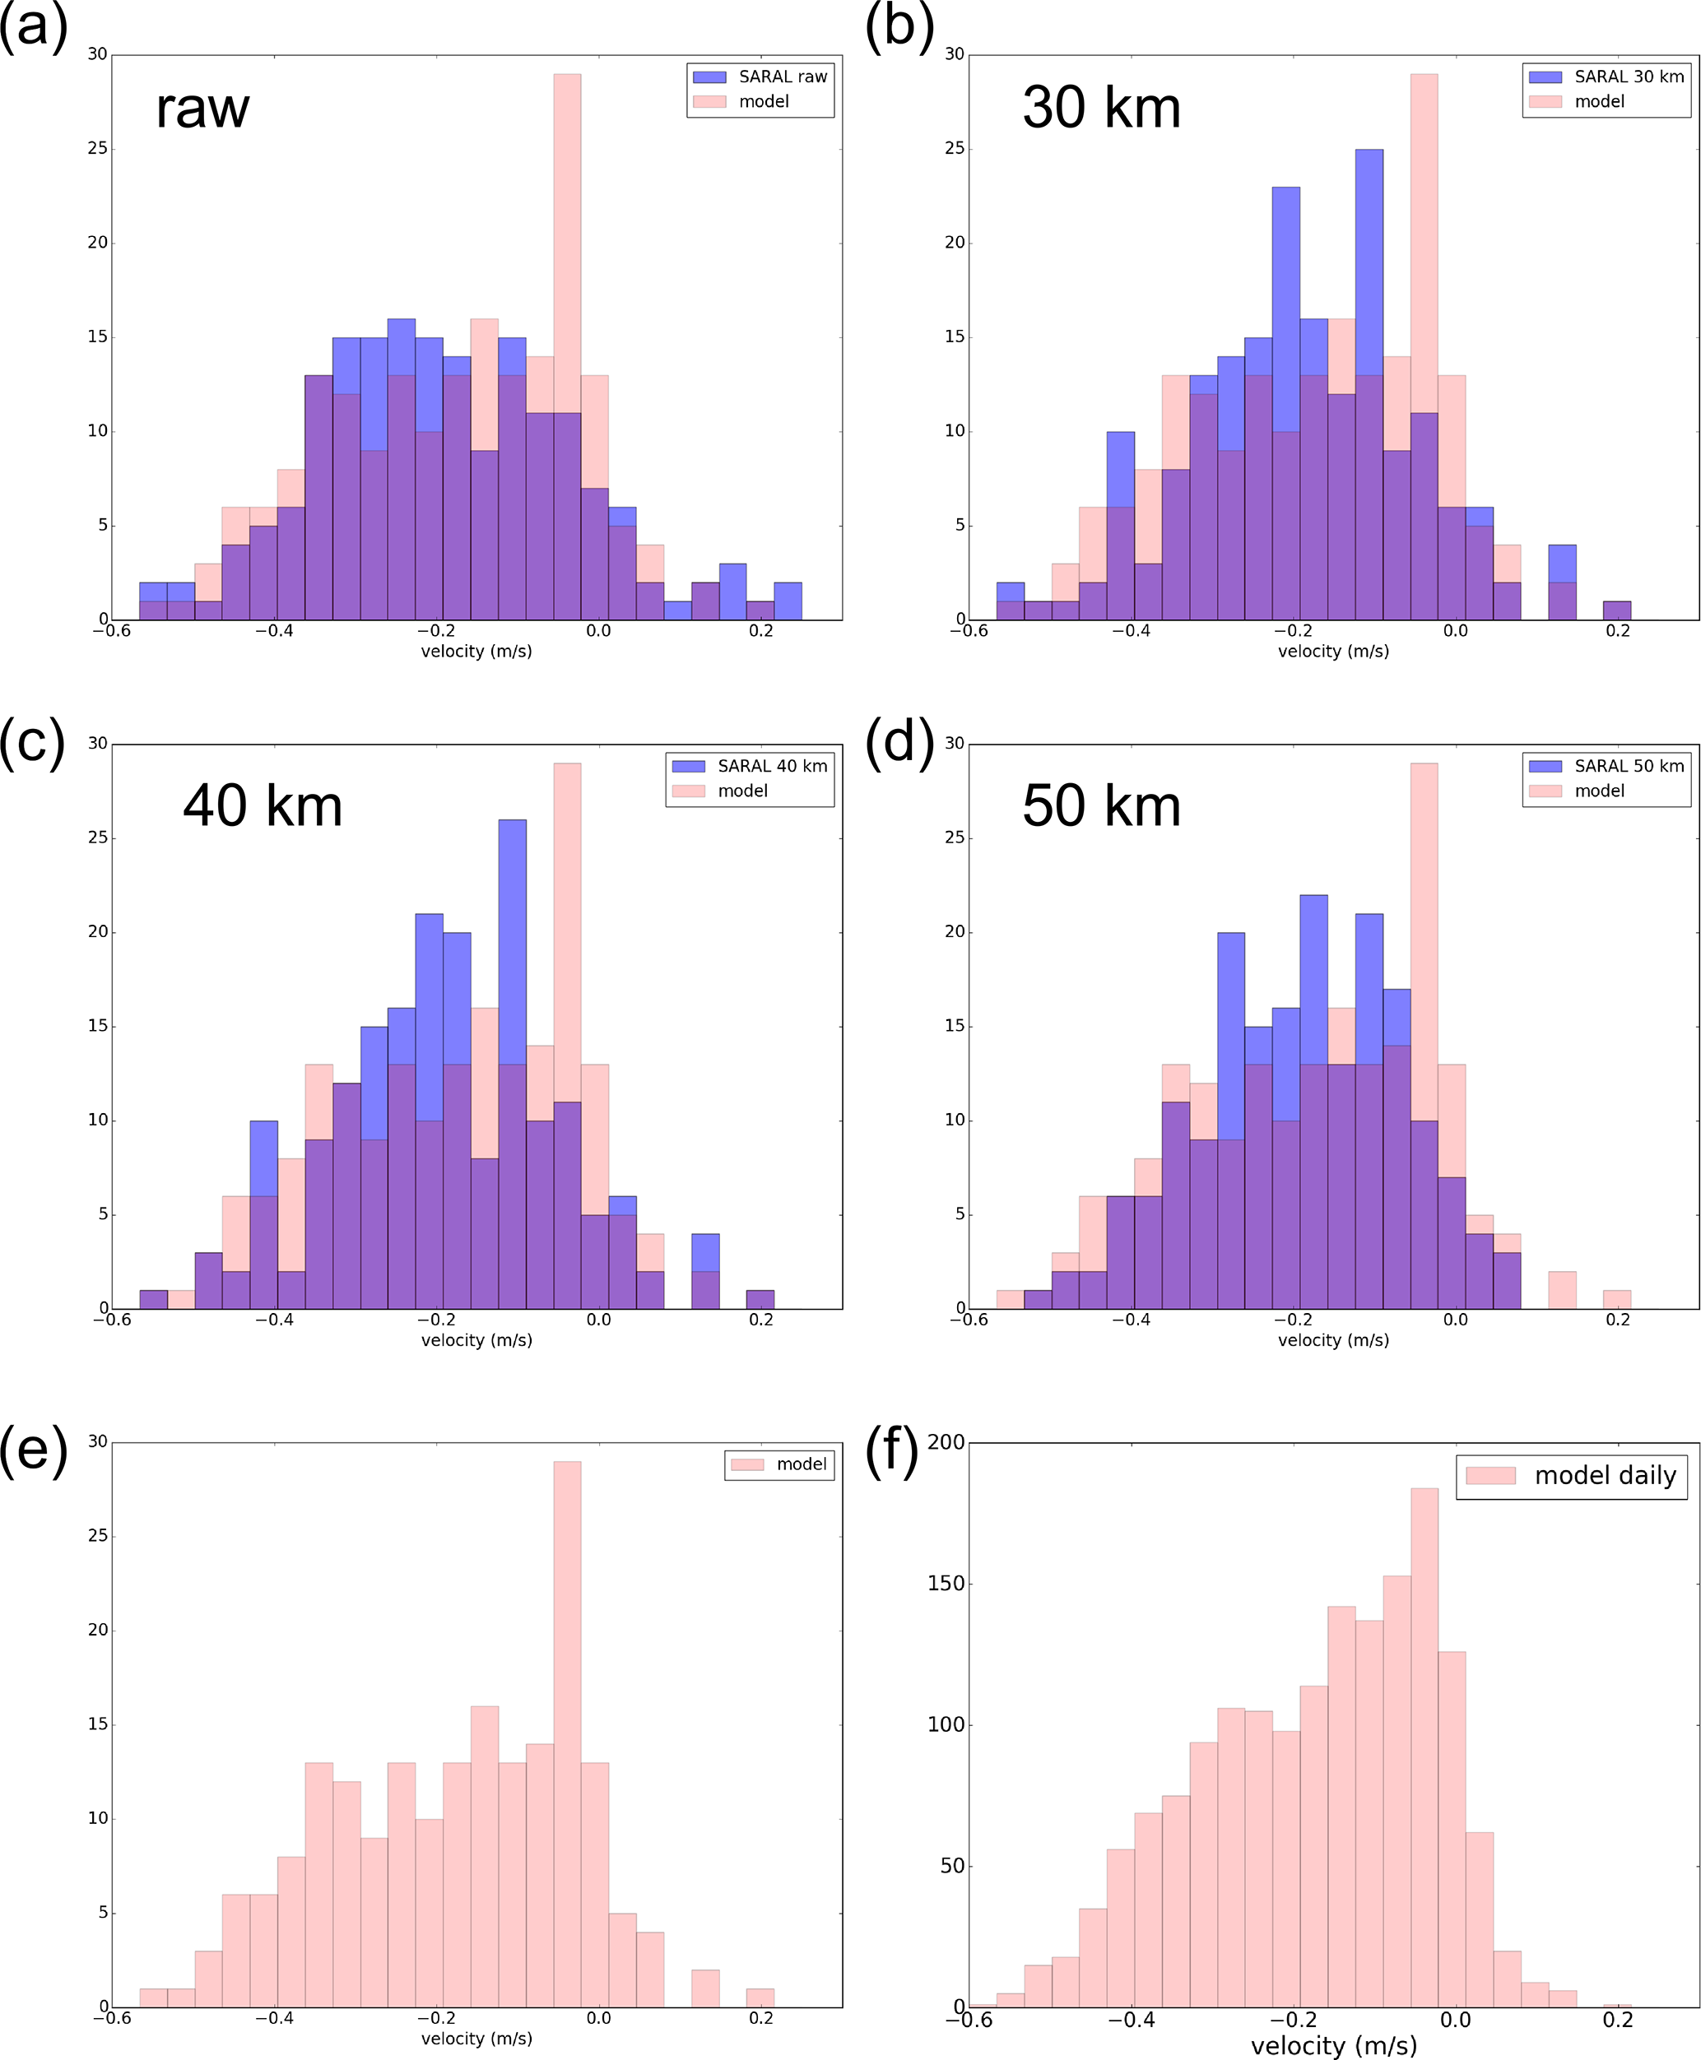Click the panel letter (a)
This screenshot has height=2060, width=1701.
[x=35, y=26]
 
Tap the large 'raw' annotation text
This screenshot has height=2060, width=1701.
[x=202, y=108]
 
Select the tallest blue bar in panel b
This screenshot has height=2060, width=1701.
[x=1369, y=382]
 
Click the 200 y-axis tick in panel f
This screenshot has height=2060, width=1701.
[x=946, y=1442]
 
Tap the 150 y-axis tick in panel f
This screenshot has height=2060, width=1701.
[x=946, y=1584]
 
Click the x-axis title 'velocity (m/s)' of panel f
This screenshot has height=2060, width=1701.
[x=1333, y=2045]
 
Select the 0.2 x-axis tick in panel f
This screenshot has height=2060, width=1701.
[x=1618, y=2020]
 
